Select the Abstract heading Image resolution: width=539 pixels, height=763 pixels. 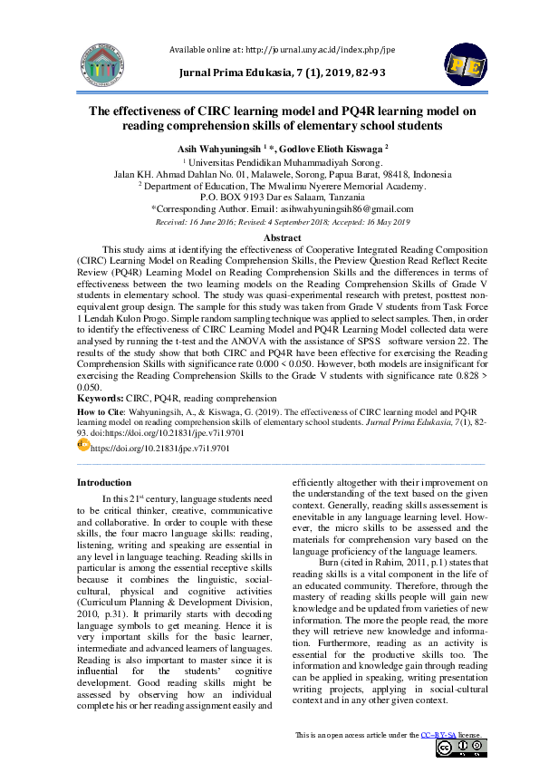click(269, 236)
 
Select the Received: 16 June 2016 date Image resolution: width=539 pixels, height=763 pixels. click(194, 220)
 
